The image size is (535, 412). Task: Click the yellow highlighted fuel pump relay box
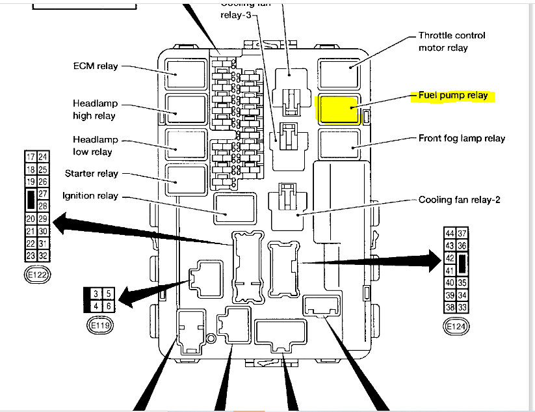338,108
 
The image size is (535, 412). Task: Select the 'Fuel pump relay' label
452,95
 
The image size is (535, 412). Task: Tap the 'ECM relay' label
96,66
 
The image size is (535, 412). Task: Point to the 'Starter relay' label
92,174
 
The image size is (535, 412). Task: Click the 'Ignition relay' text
90,196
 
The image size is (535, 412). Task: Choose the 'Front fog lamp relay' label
462,138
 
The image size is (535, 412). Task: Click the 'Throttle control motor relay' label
451,42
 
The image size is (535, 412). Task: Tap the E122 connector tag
36,275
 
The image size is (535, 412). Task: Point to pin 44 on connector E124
450,234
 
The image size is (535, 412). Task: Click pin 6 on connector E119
108,306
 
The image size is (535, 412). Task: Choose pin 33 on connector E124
463,308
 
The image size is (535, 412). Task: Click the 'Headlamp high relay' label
94,110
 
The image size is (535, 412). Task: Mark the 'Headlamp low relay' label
92,146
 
